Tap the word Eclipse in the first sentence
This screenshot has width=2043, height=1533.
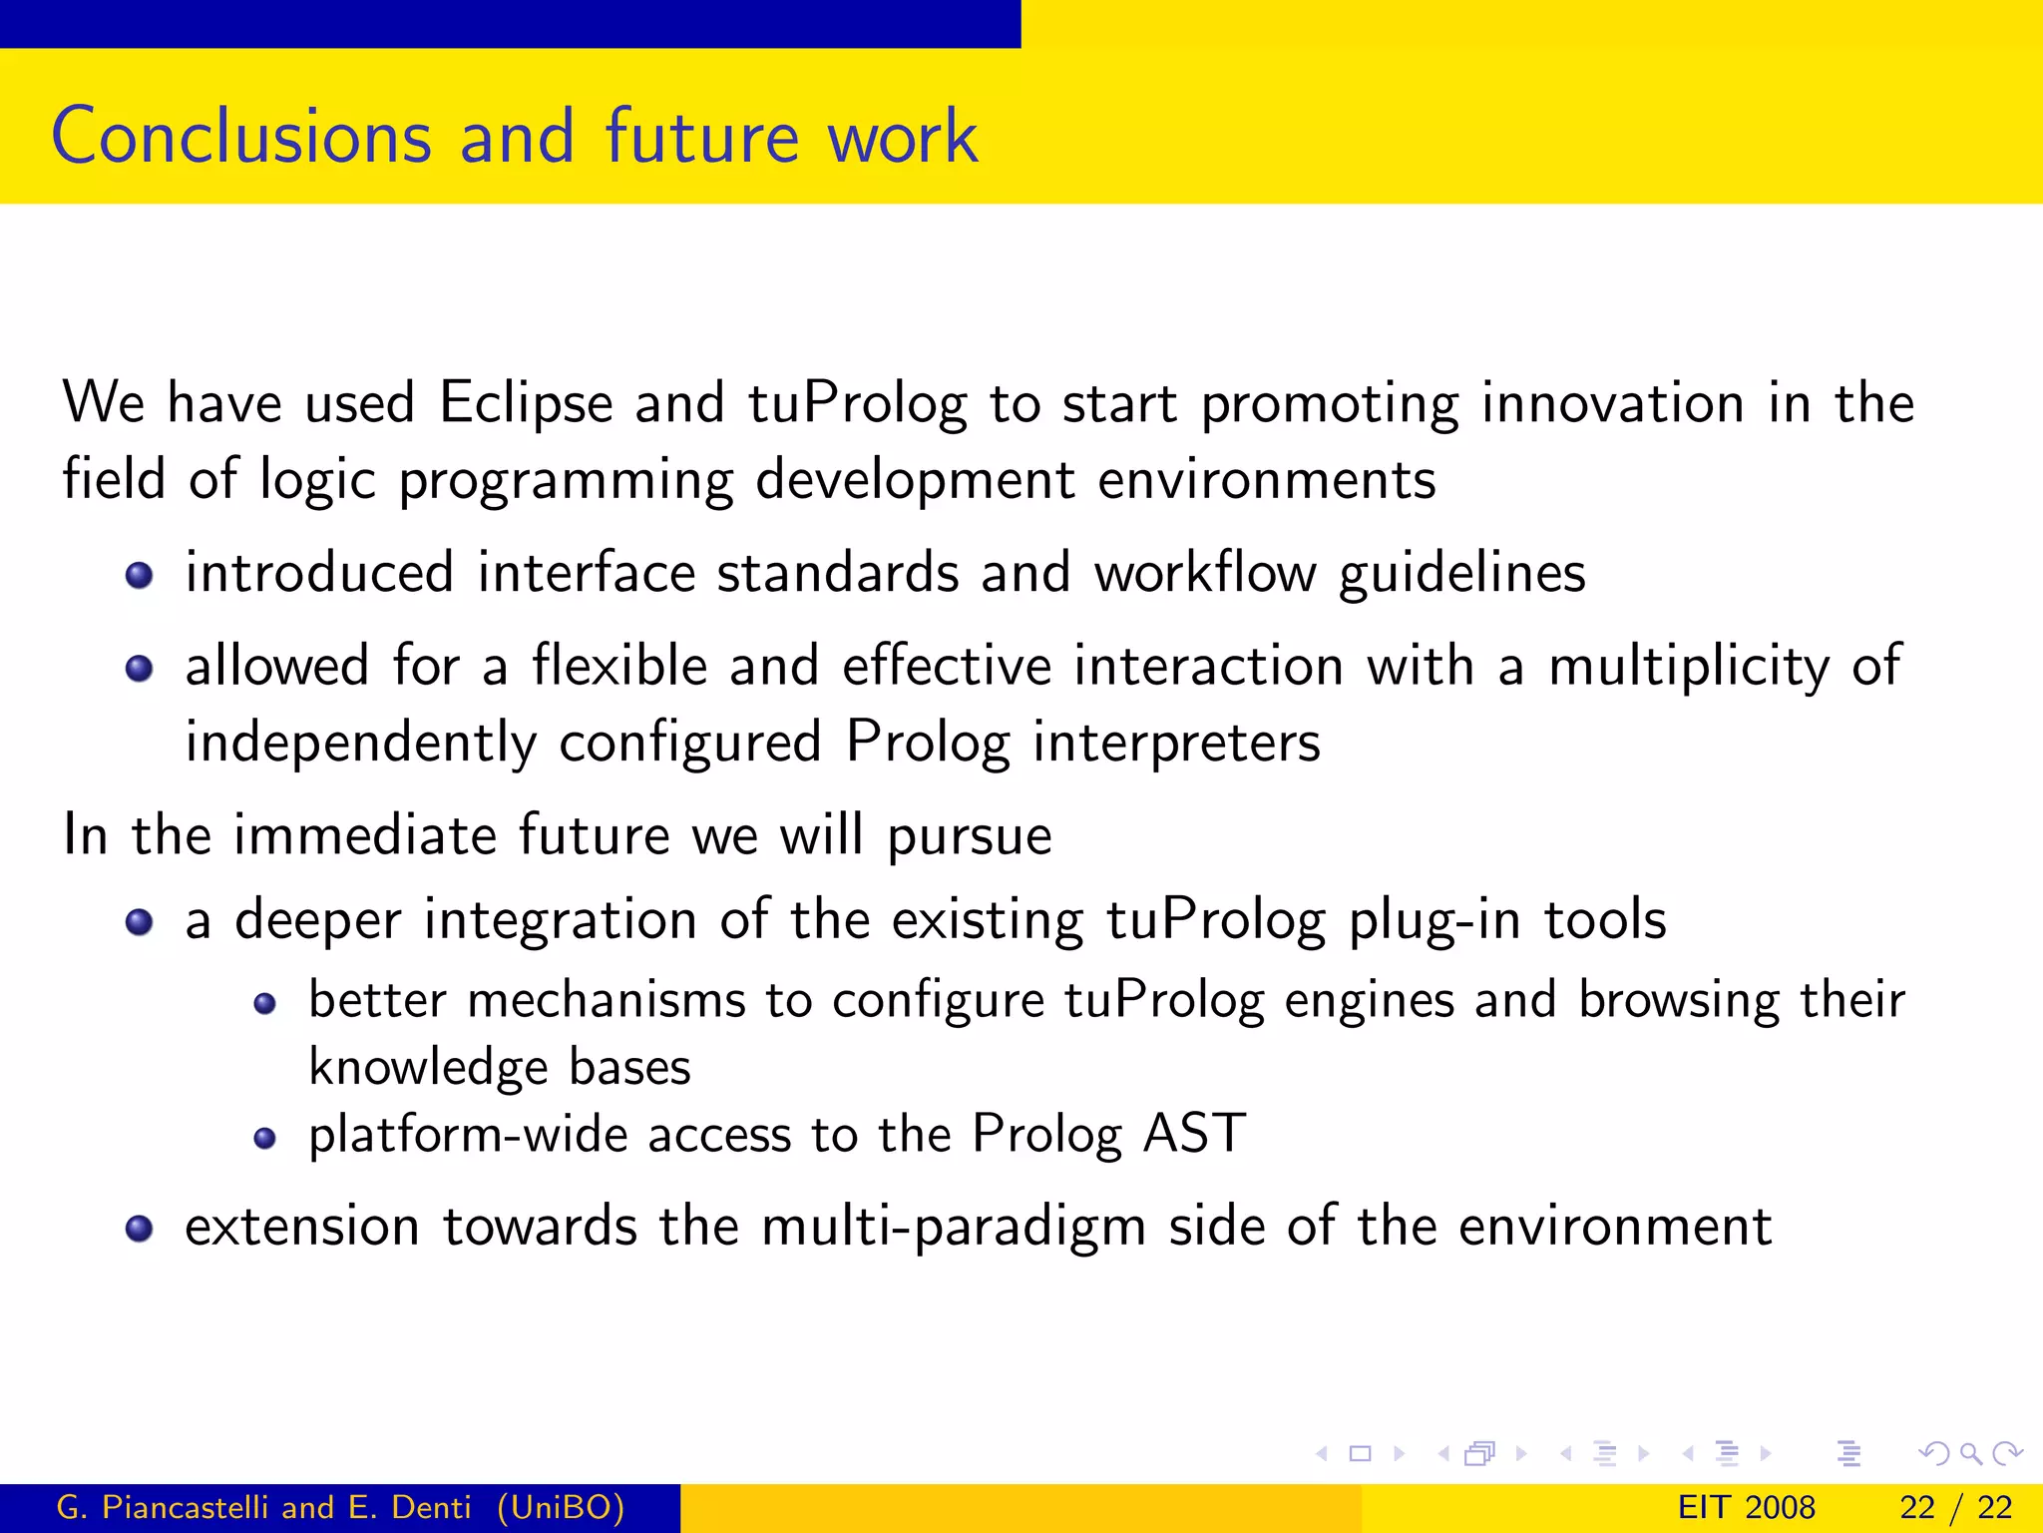tap(526, 403)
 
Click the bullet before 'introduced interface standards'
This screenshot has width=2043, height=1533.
tap(140, 575)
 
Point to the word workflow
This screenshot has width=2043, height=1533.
tap(1205, 573)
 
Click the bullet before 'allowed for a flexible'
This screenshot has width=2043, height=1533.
tap(140, 668)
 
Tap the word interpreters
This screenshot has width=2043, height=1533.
tap(1176, 743)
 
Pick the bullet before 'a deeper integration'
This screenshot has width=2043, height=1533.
tap(140, 921)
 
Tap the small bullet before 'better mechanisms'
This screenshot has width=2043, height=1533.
tap(264, 1004)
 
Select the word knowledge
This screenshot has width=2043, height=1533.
tap(428, 1067)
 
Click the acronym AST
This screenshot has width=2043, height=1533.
tap(1194, 1134)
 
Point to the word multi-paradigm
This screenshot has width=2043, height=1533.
tap(953, 1227)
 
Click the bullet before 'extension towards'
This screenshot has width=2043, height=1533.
tap(140, 1229)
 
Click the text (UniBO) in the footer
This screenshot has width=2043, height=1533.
tap(561, 1507)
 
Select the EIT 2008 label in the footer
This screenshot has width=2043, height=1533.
tap(1746, 1507)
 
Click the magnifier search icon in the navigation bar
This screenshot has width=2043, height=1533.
tap(1970, 1453)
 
